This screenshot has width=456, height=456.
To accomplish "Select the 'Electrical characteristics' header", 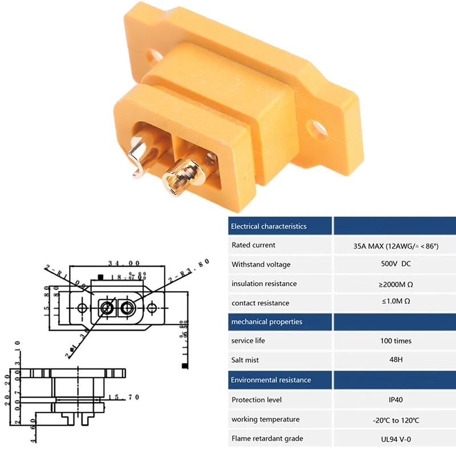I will (x=268, y=226).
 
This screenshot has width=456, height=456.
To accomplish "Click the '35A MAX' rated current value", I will (x=396, y=246).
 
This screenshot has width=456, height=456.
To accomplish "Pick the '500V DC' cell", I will (x=396, y=264).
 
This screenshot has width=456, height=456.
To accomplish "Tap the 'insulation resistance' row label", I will (x=264, y=284).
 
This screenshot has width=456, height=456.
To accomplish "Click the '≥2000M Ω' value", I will (x=396, y=284).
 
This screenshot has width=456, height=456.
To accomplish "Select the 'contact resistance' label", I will (x=260, y=303).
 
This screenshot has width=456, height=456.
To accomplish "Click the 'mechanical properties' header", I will (x=266, y=322).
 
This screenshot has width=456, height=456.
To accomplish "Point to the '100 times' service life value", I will (x=396, y=341).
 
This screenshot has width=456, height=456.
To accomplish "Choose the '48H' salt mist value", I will (x=396, y=360).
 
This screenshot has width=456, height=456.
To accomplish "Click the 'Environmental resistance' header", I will (x=271, y=380).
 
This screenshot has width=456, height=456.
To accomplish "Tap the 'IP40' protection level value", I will (x=396, y=400).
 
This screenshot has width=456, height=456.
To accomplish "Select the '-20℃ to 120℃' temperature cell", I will (x=396, y=420).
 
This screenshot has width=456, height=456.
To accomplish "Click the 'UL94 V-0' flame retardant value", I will (x=396, y=439).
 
